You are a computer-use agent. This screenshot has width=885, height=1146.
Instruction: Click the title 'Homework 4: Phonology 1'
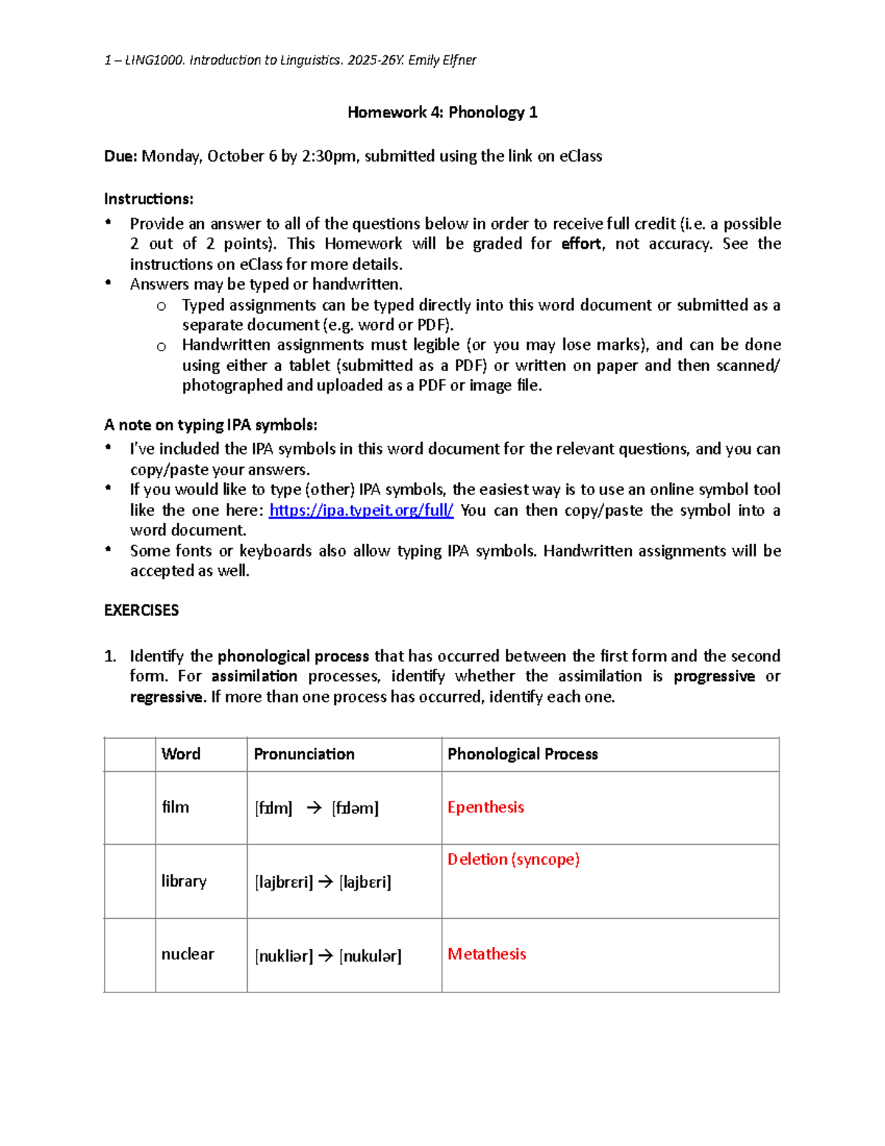(x=442, y=112)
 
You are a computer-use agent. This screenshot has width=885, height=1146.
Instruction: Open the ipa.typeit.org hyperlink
(x=361, y=510)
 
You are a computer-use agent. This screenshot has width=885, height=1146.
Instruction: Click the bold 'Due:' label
(x=120, y=156)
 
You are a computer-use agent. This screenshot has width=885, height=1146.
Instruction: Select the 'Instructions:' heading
(x=148, y=199)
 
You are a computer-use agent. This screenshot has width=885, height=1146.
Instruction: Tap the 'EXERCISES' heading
(x=141, y=610)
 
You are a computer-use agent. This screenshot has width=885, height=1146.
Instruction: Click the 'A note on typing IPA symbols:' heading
(x=210, y=424)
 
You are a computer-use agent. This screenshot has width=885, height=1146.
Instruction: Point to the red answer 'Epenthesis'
(x=485, y=807)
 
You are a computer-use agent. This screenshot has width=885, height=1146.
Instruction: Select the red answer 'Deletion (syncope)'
(x=513, y=859)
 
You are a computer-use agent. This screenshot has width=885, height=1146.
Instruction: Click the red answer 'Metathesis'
(x=487, y=954)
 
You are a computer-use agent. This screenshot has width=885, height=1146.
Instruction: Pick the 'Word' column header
(x=181, y=754)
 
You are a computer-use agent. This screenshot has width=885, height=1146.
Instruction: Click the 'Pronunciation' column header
(x=304, y=754)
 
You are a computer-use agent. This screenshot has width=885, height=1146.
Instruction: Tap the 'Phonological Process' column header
(x=522, y=754)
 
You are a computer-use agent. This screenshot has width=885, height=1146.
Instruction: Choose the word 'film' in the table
(x=175, y=807)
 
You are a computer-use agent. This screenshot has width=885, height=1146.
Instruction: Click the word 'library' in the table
(x=184, y=881)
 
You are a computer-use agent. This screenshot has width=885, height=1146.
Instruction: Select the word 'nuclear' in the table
(x=187, y=954)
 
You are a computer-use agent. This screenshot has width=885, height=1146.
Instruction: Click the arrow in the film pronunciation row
(x=313, y=808)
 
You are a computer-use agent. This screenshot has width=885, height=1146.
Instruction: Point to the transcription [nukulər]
(x=370, y=956)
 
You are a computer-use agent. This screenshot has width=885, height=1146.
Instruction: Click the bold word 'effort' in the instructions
(x=581, y=244)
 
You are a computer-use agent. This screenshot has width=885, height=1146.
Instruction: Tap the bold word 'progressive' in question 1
(x=714, y=676)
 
